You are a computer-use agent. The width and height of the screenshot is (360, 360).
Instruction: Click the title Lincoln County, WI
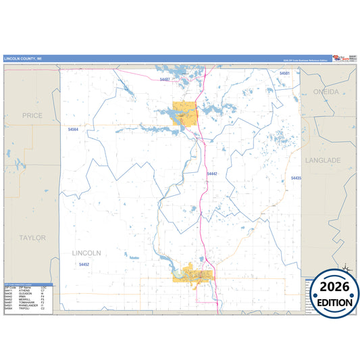23,59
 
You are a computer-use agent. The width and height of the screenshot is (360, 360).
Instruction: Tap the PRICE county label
32,115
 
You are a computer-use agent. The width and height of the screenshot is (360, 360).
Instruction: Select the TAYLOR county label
32,238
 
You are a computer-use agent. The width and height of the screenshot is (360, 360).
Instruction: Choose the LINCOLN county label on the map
86,253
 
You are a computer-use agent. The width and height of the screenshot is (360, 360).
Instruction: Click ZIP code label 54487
165,80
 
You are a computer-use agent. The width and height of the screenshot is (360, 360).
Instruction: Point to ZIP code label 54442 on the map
212,174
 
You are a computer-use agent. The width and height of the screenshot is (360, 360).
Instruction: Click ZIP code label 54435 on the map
296,178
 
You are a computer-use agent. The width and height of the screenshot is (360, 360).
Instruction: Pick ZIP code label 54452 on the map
84,264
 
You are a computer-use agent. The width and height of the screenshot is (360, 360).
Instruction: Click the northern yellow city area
184,113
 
